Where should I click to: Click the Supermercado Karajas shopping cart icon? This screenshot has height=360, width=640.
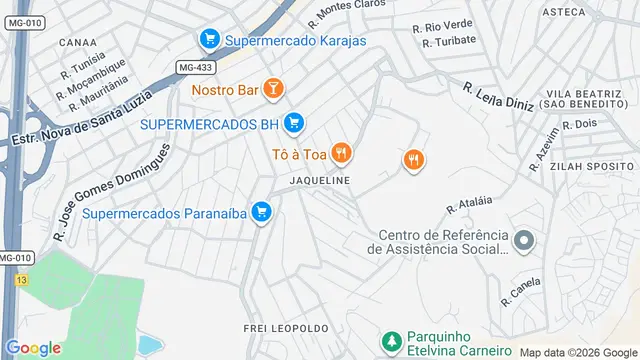pos(209,40)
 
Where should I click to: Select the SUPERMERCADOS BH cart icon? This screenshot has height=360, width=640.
pos(293,123)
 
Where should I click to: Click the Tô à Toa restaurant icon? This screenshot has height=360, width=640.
pos(342,153)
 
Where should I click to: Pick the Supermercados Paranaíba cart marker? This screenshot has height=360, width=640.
pos(261,212)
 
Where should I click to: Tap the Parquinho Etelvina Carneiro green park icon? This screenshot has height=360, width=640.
pos(392,340)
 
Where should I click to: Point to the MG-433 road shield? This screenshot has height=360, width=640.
pos(196,67)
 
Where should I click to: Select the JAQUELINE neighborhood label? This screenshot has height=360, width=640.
pos(319,181)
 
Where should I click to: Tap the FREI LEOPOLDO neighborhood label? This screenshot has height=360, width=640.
pos(286,328)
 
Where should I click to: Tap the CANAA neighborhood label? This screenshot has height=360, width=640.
pos(78,43)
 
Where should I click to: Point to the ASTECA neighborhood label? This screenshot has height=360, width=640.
pos(563,12)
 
